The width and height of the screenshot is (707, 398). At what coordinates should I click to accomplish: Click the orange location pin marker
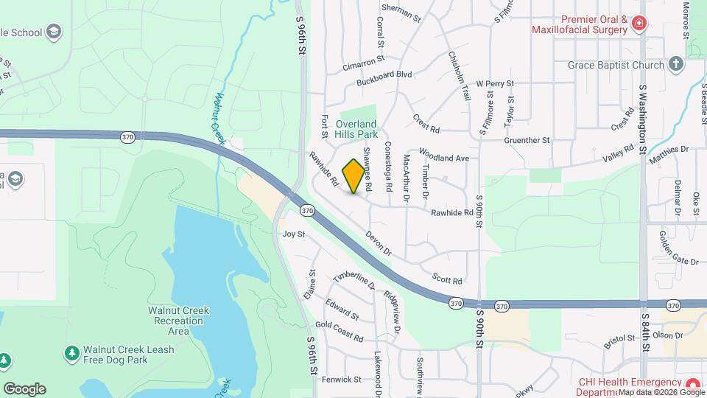(x=354, y=176)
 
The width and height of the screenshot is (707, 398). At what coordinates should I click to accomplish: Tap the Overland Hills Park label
(x=356, y=129)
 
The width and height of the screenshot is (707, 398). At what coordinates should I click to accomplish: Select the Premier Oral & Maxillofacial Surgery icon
(x=639, y=24)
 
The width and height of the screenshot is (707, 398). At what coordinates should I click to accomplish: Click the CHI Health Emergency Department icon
(x=692, y=385)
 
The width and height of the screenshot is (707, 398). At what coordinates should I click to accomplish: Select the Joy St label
(x=293, y=234)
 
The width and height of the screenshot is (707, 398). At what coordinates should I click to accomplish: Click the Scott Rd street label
(x=447, y=280)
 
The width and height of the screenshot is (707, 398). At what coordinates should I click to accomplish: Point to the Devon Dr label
(x=379, y=244)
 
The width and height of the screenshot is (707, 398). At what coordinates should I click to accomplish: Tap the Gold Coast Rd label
(x=339, y=332)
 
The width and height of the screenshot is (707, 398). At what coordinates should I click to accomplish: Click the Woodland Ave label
(x=444, y=155)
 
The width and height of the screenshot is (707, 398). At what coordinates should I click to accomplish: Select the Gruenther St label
(x=527, y=140)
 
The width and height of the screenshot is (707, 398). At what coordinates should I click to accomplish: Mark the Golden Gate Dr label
(x=678, y=238)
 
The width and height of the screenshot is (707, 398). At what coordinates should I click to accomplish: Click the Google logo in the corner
(x=24, y=389)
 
